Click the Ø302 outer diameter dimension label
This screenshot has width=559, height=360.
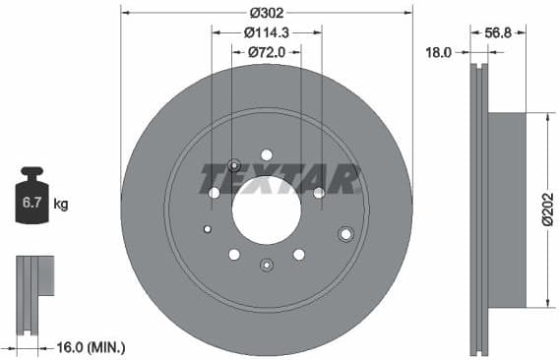267,13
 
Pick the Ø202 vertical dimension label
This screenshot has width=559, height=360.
546,208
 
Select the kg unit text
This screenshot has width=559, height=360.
61,205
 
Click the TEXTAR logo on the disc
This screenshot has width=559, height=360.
279,179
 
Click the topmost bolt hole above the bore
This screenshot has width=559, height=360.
267,154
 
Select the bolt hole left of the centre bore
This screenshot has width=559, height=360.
215,193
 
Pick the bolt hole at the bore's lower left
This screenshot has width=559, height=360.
234,255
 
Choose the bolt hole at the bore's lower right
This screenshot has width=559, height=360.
298,255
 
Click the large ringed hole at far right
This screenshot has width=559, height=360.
345,234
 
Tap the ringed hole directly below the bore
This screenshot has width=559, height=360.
267,265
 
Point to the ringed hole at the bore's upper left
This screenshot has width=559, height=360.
234,165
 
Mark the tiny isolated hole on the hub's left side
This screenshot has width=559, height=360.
207,230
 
